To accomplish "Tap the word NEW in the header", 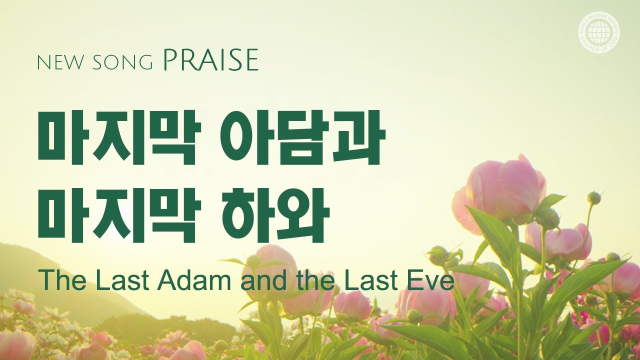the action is pos(57,63).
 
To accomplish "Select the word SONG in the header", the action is pos(122,63).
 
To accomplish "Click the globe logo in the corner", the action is pos(600,33).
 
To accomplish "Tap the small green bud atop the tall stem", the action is pos(594,197).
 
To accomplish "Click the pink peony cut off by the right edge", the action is pos(627,278).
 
